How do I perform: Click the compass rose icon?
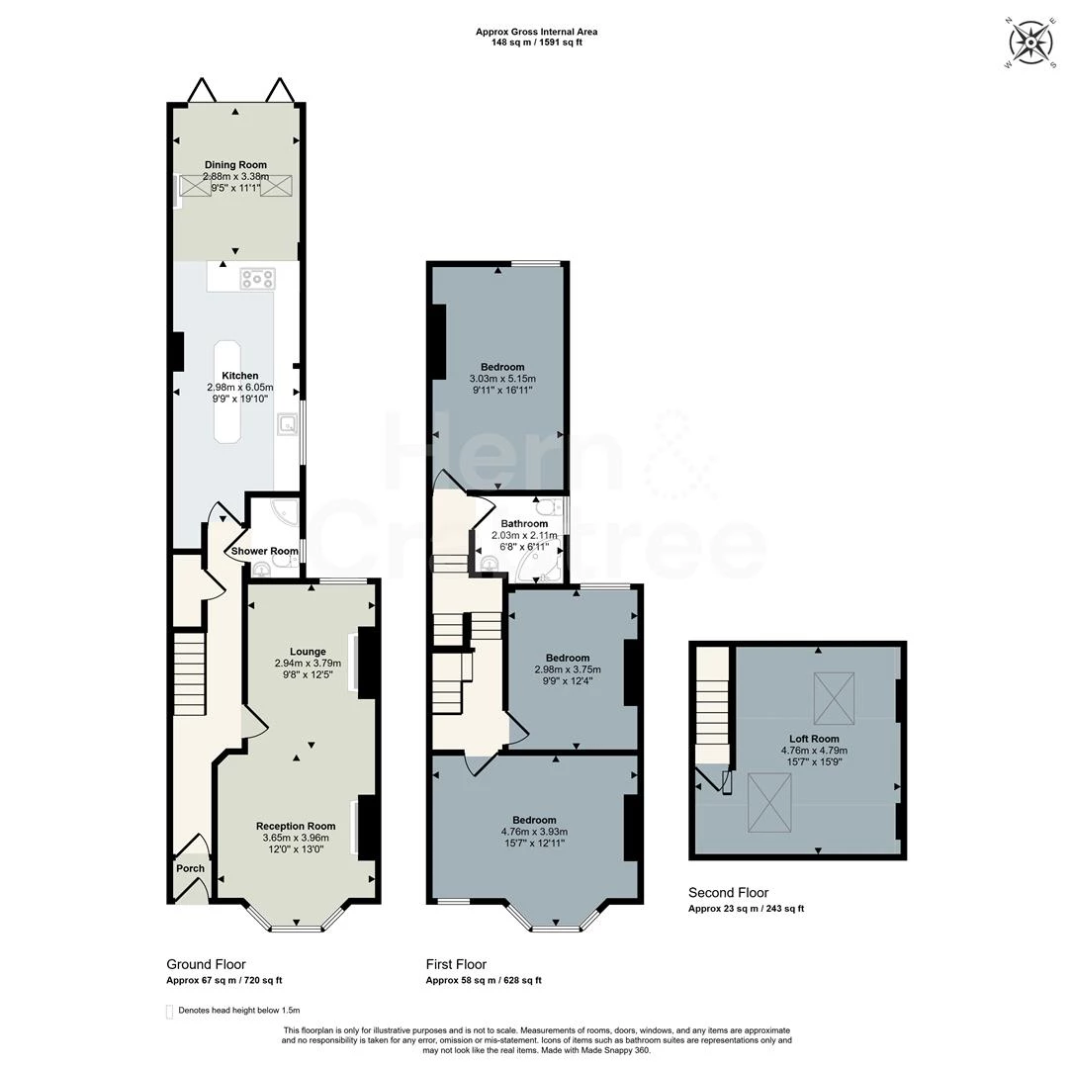(x=1029, y=44)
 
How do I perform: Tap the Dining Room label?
(x=235, y=164)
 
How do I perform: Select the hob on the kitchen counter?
(x=257, y=279)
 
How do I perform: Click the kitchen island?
(x=227, y=392)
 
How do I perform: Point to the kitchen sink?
(x=288, y=424)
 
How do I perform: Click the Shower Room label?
(x=264, y=551)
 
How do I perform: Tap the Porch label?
(x=190, y=868)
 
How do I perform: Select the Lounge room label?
(x=308, y=652)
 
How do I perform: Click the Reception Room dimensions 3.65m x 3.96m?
(x=296, y=838)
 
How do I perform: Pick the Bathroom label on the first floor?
(x=524, y=523)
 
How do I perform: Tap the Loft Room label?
(x=814, y=739)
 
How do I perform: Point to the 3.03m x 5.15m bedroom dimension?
(x=502, y=379)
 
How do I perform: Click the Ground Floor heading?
(x=206, y=965)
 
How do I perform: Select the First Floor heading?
(x=456, y=965)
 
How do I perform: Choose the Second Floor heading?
(x=728, y=893)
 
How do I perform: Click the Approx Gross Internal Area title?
(x=536, y=32)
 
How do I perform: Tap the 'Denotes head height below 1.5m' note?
(x=238, y=1010)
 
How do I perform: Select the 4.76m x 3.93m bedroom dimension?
(x=534, y=832)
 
